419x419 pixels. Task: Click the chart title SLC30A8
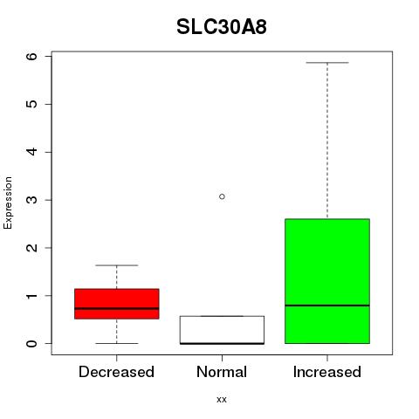(222, 27)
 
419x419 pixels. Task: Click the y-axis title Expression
(8, 203)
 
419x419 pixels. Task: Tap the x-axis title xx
(222, 399)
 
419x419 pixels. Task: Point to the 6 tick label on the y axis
(32, 56)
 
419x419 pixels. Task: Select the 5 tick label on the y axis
(32, 104)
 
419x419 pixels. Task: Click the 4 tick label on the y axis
(32, 152)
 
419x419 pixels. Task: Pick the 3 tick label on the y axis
(32, 200)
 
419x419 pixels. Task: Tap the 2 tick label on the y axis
(32, 248)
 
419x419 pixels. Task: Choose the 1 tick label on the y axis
(32, 296)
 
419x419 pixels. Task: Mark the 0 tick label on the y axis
(32, 343)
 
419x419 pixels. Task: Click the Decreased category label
(116, 372)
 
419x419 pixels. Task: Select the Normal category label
(222, 372)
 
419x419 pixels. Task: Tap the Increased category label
(327, 372)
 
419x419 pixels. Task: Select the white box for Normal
(222, 330)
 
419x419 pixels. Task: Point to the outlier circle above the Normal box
(222, 196)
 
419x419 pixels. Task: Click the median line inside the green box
(327, 306)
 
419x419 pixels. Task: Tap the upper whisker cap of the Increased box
(327, 63)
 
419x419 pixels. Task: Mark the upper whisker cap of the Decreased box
(117, 265)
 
